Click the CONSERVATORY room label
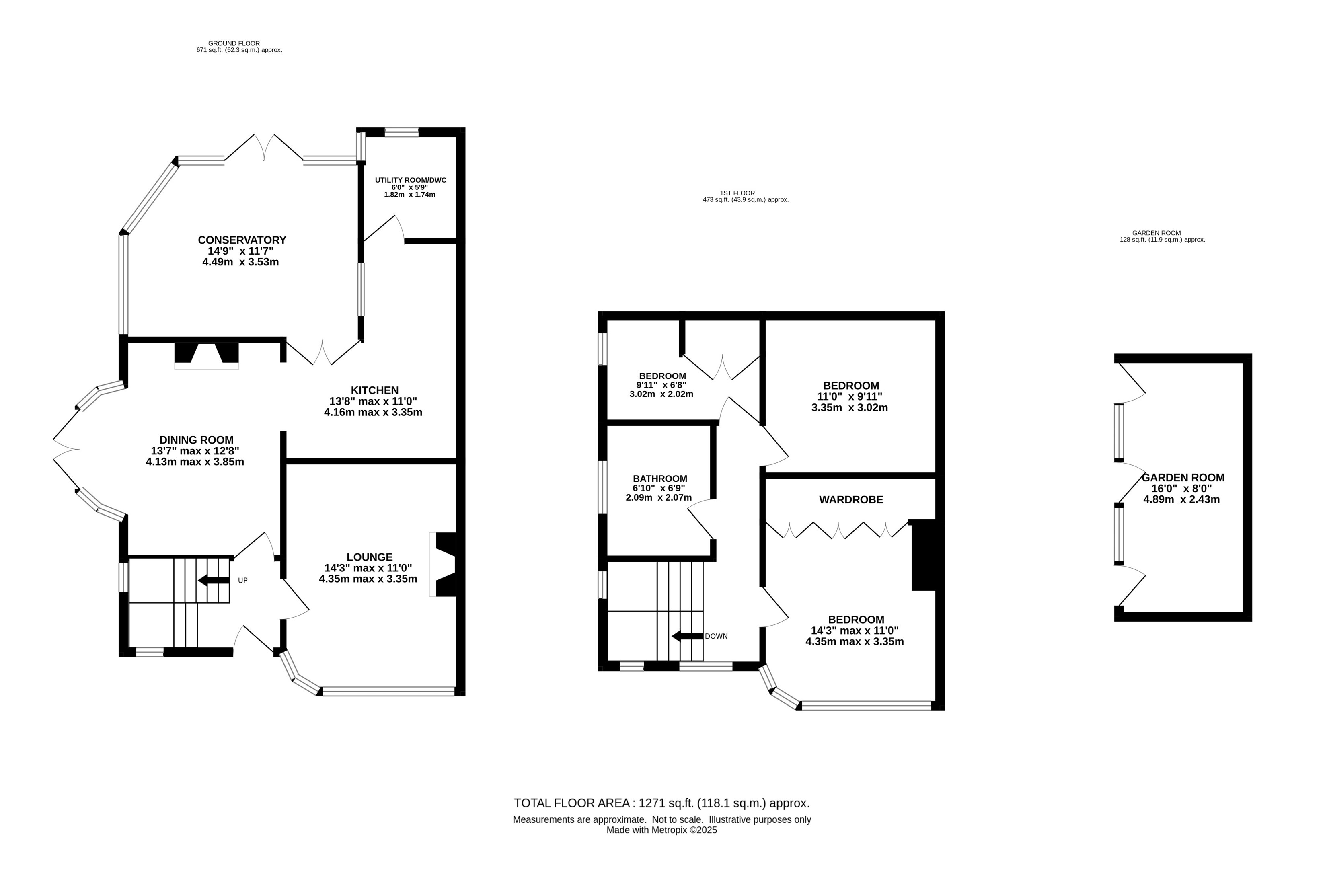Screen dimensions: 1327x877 242,240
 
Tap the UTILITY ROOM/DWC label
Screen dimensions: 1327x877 411,180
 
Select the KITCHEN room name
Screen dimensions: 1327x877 375,390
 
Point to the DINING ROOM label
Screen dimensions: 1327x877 196,440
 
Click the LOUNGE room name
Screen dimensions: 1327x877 370,557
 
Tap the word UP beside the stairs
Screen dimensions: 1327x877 243,581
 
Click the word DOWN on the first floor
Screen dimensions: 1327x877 716,636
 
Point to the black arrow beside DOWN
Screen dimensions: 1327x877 687,636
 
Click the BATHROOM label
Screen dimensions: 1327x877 660,479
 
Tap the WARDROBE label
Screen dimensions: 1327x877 851,500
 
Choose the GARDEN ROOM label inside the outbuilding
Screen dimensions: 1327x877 1183,478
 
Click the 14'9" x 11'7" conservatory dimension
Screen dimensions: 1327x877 240,251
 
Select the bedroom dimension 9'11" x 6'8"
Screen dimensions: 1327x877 661,385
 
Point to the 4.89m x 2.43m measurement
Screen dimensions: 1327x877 1181,499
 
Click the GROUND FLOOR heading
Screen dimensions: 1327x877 234,43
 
